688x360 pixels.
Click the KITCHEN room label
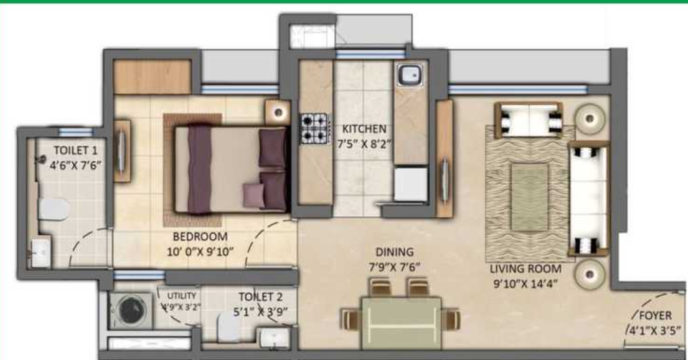coord(364,129)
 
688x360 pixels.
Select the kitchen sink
coord(410,77)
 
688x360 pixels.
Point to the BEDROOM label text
coord(200,237)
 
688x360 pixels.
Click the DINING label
coord(394,252)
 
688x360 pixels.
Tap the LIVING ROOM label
coord(525,269)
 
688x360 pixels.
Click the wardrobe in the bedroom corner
coord(153,77)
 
